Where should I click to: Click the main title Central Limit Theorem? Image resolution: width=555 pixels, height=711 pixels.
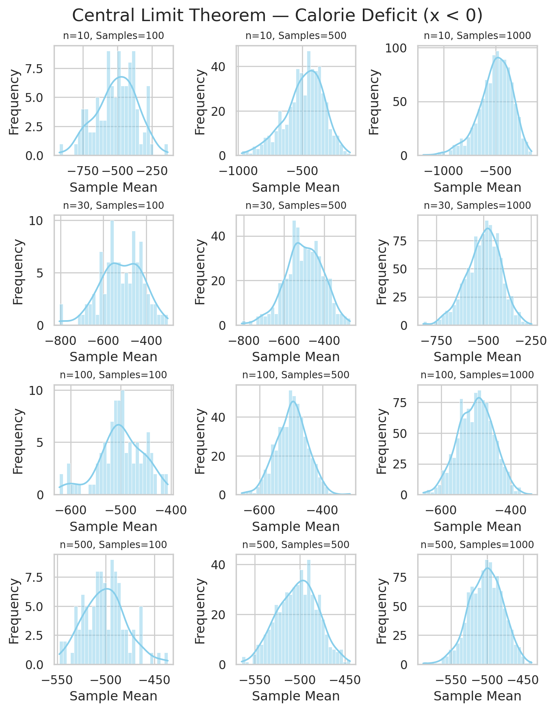277,16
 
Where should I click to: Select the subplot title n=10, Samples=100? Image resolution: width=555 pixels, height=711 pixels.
114,36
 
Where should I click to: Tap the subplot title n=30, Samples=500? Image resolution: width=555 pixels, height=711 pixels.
296,206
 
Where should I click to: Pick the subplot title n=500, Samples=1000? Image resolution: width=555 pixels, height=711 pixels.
477,545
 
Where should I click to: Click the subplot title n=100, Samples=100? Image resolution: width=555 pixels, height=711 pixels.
114,375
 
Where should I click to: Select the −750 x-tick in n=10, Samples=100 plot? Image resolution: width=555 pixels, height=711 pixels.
83,171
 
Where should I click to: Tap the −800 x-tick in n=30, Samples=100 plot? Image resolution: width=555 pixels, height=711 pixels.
61,340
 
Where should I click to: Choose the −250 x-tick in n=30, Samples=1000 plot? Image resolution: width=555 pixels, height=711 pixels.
531,340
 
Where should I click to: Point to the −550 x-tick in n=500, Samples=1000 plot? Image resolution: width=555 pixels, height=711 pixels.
451,680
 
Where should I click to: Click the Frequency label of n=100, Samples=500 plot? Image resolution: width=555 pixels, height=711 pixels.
201,441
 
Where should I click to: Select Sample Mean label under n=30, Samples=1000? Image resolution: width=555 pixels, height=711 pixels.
477,357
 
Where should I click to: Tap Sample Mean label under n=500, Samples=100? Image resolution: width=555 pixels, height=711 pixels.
114,696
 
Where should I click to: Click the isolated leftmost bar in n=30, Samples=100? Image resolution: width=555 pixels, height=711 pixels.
61,315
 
